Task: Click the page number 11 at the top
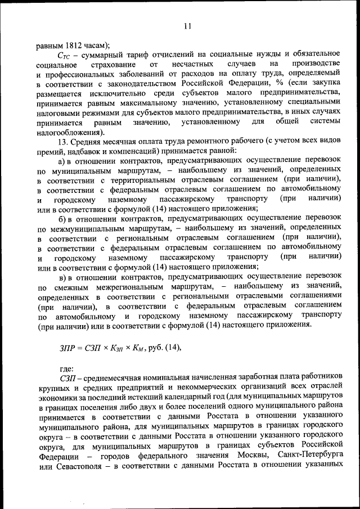pos(187,25)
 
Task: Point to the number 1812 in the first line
pos(76,45)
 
